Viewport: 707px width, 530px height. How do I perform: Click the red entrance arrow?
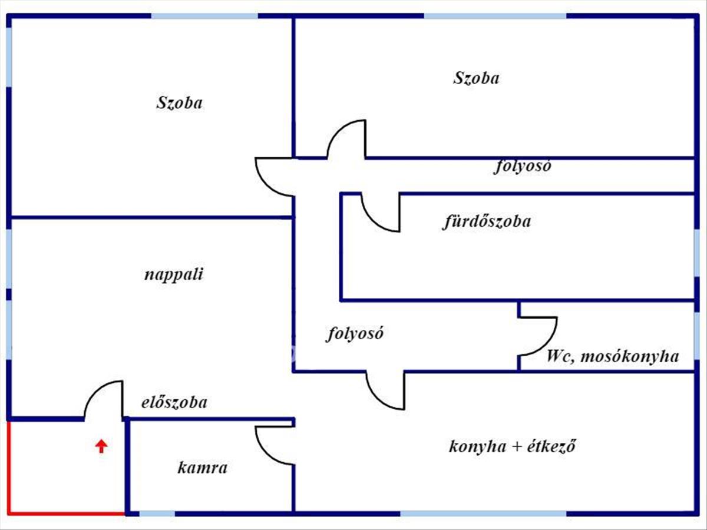pyautogui.click(x=101, y=446)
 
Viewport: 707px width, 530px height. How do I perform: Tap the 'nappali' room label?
pyautogui.click(x=174, y=275)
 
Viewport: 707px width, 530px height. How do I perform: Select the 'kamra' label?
pyautogui.click(x=202, y=469)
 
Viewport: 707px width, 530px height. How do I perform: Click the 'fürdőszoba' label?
pyautogui.click(x=486, y=222)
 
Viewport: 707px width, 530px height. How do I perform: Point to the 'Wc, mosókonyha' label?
pyautogui.click(x=612, y=356)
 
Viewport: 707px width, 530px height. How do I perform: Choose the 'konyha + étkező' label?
pyautogui.click(x=512, y=446)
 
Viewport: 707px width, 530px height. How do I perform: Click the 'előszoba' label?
pyautogui.click(x=174, y=403)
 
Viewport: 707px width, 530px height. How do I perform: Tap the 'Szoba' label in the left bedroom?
pyautogui.click(x=179, y=103)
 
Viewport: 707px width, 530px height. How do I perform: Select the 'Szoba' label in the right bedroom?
pyautogui.click(x=476, y=78)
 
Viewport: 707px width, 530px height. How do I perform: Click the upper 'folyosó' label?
pyautogui.click(x=522, y=167)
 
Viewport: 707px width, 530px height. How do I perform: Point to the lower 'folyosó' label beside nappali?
pyautogui.click(x=355, y=334)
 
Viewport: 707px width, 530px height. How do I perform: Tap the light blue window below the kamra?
pyautogui.click(x=157, y=514)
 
